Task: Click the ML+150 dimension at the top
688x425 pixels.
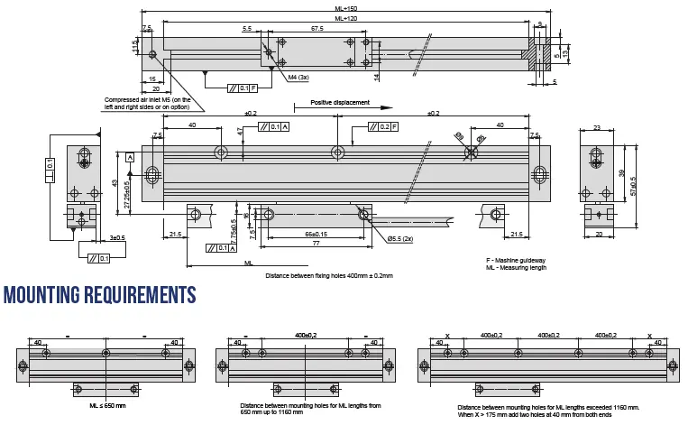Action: point(345,8)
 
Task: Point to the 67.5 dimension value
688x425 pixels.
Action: point(317,29)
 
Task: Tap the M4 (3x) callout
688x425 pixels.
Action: point(298,79)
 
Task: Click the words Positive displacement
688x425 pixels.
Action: point(340,102)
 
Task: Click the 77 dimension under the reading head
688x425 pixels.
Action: point(316,244)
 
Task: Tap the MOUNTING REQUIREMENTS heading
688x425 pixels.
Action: point(99,296)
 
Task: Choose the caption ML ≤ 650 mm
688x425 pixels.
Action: point(107,405)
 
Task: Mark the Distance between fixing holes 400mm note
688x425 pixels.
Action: point(329,275)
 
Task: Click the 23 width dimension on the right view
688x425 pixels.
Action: point(597,128)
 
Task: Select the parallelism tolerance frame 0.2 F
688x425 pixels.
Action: point(382,126)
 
